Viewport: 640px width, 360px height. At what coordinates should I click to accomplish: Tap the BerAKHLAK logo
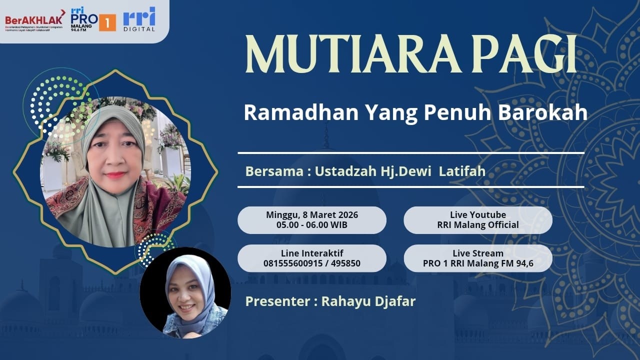point(34,20)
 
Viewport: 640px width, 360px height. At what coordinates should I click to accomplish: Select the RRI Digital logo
point(139,19)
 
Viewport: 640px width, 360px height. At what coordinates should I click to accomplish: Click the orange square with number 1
point(107,22)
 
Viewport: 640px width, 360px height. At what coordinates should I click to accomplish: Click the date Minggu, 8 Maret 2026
point(312,215)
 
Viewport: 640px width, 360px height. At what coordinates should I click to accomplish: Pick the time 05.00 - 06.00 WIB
point(312,225)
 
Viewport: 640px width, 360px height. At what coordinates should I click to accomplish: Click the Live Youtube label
point(478,215)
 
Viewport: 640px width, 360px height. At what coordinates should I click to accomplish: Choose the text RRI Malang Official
point(478,225)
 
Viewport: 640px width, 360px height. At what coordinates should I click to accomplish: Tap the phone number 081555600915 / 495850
point(312,263)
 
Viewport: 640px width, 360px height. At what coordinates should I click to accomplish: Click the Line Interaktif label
point(312,253)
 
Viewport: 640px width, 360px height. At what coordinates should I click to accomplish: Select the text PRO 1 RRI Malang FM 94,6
point(478,263)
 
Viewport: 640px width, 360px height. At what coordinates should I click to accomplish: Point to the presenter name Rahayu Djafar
point(368,301)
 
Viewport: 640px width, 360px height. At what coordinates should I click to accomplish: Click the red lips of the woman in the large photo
point(115,175)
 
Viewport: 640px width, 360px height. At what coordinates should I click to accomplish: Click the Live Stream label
point(478,253)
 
